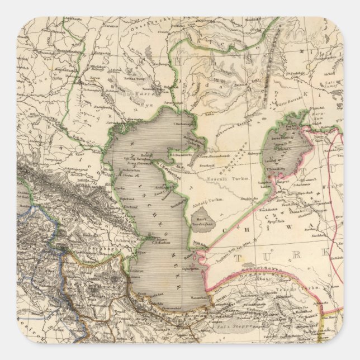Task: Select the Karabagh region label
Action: pos(103,244)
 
